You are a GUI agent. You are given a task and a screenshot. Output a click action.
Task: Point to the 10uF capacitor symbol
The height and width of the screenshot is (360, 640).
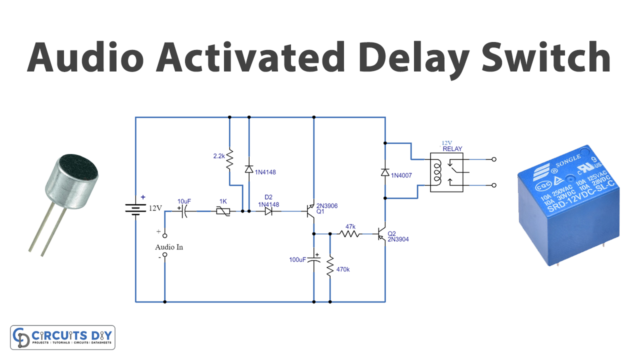pyautogui.click(x=184, y=211)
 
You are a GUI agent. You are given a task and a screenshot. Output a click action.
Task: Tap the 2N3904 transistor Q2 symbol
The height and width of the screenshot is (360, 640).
pyautogui.click(x=383, y=235)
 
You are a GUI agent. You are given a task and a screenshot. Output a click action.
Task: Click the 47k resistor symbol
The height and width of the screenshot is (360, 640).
pyautogui.click(x=351, y=235)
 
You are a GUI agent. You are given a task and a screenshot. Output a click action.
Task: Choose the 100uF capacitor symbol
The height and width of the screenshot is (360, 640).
pyautogui.click(x=314, y=261)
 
